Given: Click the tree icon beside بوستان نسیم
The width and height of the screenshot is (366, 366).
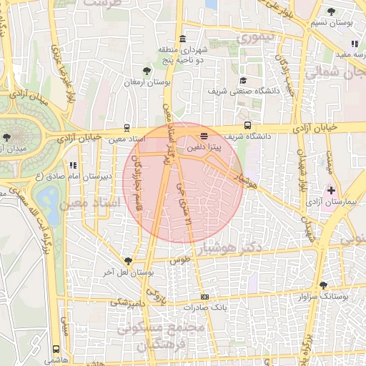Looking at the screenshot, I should (331, 12).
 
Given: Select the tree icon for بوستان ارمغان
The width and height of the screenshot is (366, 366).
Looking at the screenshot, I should (147, 70).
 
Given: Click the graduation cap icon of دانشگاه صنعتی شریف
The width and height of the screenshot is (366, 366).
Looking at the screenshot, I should (243, 81).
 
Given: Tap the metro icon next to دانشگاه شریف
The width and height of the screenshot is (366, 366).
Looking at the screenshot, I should (247, 126).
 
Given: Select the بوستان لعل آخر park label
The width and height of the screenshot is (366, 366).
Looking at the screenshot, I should (128, 272).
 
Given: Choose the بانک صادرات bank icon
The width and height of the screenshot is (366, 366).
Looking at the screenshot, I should (205, 296).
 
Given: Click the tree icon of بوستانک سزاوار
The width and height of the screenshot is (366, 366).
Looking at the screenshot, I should (323, 285).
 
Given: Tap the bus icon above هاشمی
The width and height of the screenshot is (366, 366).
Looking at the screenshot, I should (56, 350).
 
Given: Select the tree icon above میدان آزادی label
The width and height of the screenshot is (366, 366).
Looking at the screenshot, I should (7, 136).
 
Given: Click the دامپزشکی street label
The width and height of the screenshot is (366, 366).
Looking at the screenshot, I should (129, 303).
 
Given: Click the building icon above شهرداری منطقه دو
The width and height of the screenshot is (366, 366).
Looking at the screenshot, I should (184, 38).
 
